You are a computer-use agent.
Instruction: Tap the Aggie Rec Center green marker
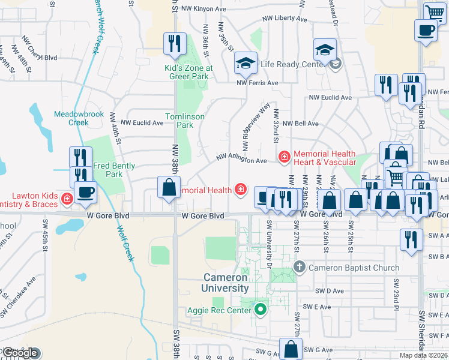[260, 310]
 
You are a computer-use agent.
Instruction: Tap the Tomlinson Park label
[185, 121]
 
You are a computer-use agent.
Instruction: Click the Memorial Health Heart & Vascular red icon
[283, 157]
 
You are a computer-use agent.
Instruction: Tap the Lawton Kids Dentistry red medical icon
[67, 197]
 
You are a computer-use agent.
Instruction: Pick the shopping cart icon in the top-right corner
[435, 13]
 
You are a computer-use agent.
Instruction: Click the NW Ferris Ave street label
[258, 83]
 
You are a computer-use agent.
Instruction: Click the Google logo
[21, 353]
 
